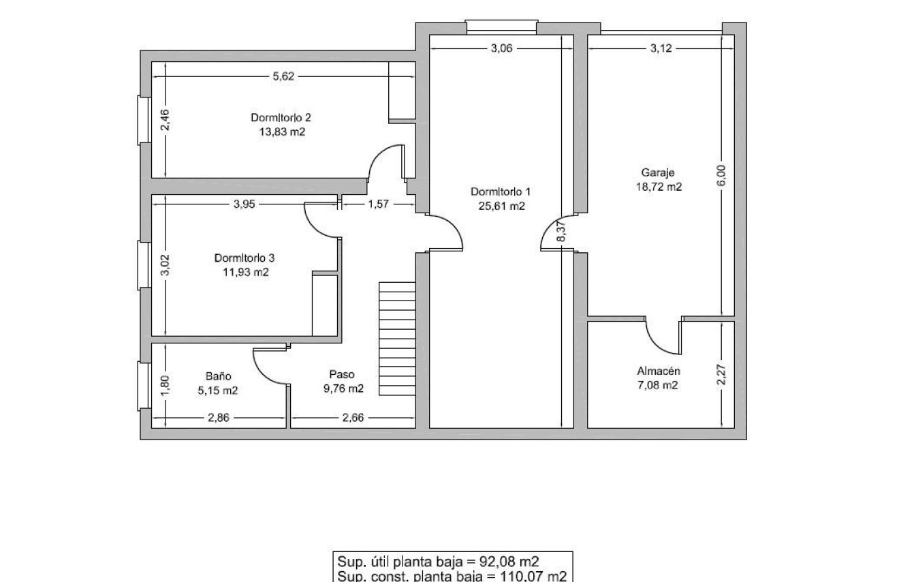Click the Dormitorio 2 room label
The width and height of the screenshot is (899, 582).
click(x=281, y=117)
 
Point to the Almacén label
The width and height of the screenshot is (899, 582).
click(x=659, y=371)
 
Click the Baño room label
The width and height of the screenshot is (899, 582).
click(x=219, y=376)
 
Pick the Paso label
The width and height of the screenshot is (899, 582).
click(x=342, y=374)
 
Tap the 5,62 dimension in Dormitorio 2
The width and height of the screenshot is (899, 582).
click(x=283, y=77)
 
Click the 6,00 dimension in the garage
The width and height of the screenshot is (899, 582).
click(x=722, y=175)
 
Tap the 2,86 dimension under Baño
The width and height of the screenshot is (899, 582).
click(x=218, y=417)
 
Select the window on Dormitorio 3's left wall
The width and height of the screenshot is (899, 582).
click(x=144, y=264)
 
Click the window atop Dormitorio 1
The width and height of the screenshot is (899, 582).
click(x=501, y=27)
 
